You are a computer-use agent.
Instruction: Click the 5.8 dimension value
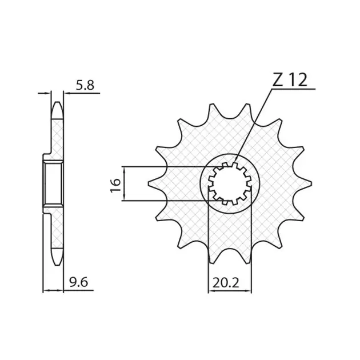click(x=85, y=85)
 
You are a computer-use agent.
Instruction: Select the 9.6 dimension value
click(x=79, y=282)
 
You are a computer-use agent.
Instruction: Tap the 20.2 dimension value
click(x=226, y=283)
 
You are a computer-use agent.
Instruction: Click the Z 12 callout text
click(x=290, y=80)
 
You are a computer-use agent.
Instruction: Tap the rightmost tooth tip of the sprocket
click(x=311, y=183)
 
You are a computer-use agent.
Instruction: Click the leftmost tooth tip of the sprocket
click(x=149, y=183)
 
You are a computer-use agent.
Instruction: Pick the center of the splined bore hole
click(x=230, y=183)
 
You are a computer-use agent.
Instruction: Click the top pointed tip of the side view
click(x=57, y=102)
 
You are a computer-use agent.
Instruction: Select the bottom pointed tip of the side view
click(x=57, y=265)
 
